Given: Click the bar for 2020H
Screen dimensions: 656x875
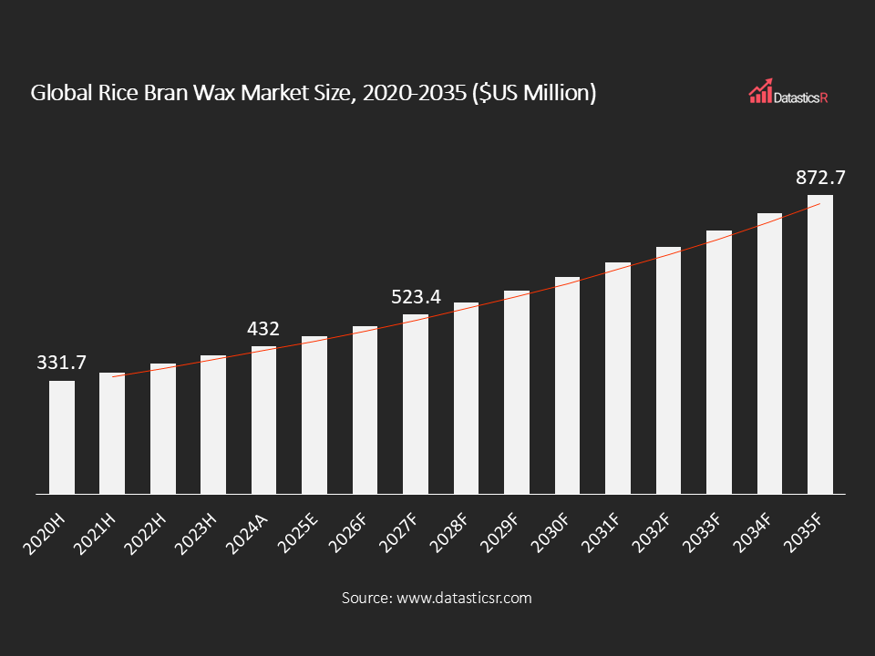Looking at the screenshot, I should point(62,437).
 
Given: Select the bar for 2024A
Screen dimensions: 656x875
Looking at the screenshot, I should point(264,420).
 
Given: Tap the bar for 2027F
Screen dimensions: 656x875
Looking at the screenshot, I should point(416,405).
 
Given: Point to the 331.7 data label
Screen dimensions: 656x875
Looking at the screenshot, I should point(62,363).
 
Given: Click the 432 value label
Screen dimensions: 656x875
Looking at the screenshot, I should point(264,329).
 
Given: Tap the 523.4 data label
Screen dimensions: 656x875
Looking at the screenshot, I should point(416,297).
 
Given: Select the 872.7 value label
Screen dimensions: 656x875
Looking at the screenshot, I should point(819,178).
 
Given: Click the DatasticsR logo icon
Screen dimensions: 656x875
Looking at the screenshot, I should point(761,91).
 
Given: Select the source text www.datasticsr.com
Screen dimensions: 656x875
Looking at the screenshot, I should point(463,599).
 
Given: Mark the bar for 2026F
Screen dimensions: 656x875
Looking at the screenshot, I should point(365,410).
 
